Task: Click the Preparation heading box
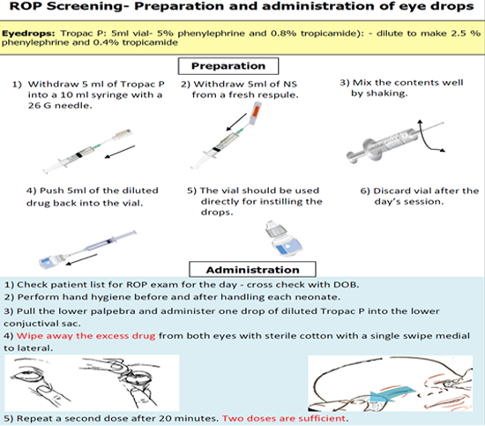tap(228, 66)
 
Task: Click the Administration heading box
tap(252, 270)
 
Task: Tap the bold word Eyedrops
tap(28, 34)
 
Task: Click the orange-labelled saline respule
tap(256, 114)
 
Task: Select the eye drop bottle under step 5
tap(283, 238)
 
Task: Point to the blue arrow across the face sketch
tap(392, 394)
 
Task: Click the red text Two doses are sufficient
tap(285, 419)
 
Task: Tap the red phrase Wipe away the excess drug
tap(86, 336)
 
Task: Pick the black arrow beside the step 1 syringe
tap(120, 152)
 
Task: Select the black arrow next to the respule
tap(236, 122)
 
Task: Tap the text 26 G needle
tap(60, 106)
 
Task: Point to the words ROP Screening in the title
tap(65, 7)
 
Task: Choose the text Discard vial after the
tap(420, 191)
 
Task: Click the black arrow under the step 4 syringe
tap(82, 259)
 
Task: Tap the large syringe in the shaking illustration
tap(390, 141)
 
